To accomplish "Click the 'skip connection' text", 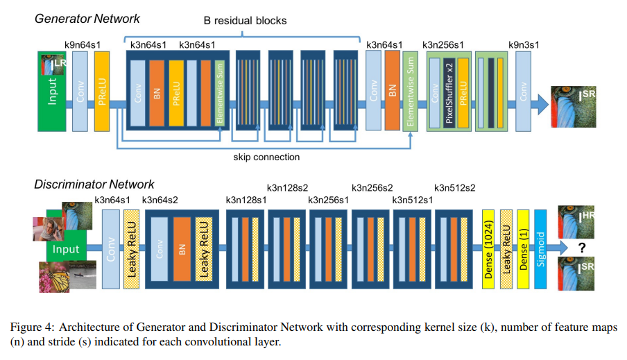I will point(267,157).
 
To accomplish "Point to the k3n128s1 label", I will point(246,200).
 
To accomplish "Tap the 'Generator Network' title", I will point(87,19).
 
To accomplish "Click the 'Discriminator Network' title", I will point(94,185).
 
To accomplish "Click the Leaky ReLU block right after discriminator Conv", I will point(130,249).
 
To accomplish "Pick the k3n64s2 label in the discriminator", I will point(163,200).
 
